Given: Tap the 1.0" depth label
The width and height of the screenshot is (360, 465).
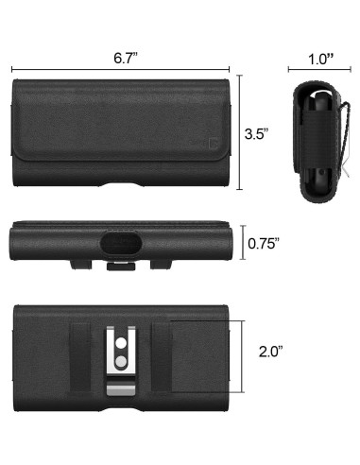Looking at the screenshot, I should pyautogui.click(x=320, y=58).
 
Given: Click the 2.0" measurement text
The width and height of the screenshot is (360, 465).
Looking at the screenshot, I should pyautogui.click(x=272, y=350).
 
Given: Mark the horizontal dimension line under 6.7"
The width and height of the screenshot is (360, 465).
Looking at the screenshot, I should pyautogui.click(x=122, y=68).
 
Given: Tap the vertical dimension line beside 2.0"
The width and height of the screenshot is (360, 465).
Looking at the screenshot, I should pyautogui.click(x=244, y=349).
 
